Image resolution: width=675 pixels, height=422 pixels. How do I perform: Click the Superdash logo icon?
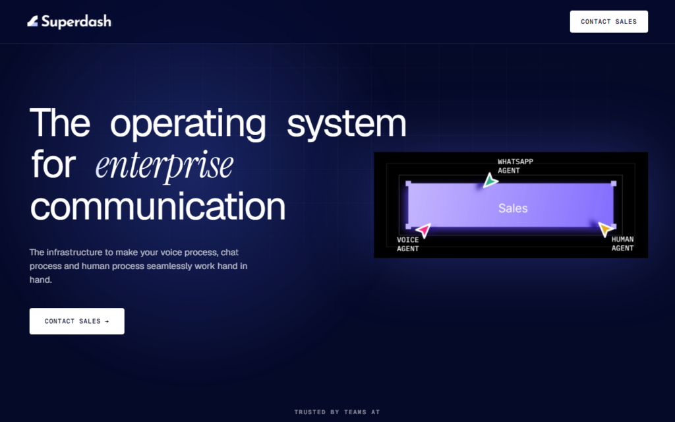point(33,21)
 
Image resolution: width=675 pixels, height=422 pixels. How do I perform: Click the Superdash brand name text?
point(76,22)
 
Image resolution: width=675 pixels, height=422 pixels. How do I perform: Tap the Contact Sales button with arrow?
point(77,321)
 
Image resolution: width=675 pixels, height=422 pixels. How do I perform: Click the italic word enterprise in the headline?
point(164,166)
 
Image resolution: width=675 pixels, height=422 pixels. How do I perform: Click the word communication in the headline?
point(158,206)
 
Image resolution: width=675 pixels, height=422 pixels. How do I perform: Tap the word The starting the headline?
point(60,122)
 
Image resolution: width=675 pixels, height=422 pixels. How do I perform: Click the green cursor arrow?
point(490,181)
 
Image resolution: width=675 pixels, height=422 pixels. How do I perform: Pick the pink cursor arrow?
point(424,230)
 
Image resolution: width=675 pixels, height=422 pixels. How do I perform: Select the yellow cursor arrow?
point(606,229)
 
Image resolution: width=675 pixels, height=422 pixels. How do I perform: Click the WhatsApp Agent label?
point(515,166)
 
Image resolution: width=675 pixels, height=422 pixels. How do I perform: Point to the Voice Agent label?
point(407,244)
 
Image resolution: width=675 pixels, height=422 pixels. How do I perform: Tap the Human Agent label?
point(622,244)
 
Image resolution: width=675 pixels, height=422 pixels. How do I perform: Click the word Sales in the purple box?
point(513,208)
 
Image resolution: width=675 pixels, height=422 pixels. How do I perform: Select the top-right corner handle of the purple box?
point(614,184)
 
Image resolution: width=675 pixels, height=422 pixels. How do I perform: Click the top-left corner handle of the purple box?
point(408,184)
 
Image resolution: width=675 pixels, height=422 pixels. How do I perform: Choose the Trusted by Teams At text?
point(337,412)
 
